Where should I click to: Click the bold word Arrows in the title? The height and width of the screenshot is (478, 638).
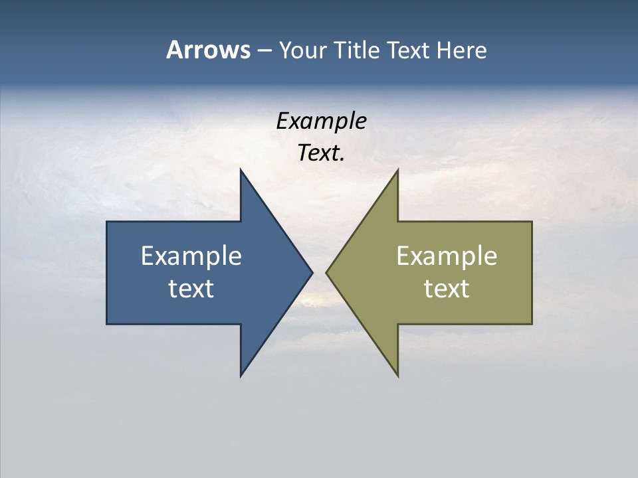[207, 50]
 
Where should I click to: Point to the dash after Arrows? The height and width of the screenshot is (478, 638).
[264, 51]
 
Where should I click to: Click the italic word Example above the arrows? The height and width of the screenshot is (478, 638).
[321, 121]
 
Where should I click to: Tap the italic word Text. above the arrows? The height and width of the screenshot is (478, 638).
[321, 153]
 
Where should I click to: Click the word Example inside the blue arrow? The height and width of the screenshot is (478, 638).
[191, 256]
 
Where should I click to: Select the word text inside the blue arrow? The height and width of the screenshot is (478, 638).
[191, 288]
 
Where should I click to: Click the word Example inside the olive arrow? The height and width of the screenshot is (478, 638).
[447, 256]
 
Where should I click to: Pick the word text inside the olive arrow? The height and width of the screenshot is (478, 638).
[447, 288]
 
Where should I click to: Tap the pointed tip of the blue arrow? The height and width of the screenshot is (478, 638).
[312, 272]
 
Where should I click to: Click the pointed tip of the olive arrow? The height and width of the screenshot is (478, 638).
[326, 272]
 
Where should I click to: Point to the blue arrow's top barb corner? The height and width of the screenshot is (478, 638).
[241, 170]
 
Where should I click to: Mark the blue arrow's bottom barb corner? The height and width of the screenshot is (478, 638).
[241, 376]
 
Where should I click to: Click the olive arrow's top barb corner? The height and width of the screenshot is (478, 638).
[397, 170]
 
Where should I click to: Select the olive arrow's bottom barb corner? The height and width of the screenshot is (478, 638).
[397, 376]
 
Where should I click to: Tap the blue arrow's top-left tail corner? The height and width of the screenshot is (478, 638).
[107, 222]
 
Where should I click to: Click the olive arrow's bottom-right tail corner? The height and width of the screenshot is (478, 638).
[532, 324]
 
